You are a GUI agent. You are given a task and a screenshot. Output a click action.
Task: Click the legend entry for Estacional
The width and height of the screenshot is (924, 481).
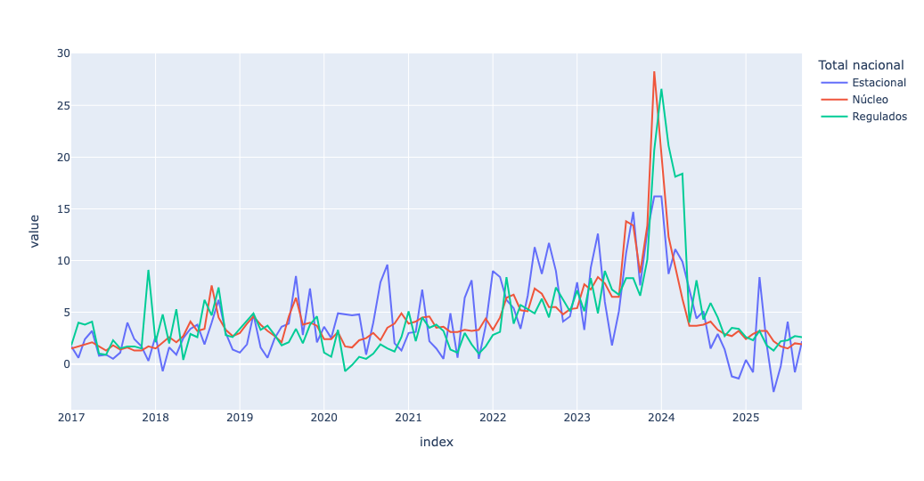[x=879, y=83]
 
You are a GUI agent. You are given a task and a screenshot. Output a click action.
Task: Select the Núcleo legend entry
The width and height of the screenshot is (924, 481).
[x=870, y=100]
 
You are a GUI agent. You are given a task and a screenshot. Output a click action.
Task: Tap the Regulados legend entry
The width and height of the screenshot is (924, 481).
[x=879, y=117]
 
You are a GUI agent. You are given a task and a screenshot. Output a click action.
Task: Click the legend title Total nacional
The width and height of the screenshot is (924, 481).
[x=861, y=65]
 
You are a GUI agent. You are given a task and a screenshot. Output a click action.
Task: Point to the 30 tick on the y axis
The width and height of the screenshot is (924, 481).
[x=62, y=53]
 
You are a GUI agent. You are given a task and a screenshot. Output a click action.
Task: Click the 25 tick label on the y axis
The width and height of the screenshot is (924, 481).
[x=62, y=106]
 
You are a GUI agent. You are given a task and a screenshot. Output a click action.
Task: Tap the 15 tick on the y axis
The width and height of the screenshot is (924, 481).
[x=62, y=209]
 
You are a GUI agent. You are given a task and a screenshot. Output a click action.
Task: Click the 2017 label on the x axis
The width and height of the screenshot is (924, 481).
[x=71, y=417]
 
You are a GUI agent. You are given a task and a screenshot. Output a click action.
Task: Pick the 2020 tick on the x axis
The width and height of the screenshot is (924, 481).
[x=323, y=417]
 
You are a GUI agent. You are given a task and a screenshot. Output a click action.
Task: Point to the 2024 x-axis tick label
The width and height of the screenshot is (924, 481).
[x=661, y=417]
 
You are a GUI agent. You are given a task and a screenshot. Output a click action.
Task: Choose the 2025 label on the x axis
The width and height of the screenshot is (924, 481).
[x=745, y=417]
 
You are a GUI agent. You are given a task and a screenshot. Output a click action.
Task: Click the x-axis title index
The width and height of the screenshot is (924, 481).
[x=436, y=442]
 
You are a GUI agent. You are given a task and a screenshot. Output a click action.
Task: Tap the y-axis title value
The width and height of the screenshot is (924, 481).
[x=35, y=231]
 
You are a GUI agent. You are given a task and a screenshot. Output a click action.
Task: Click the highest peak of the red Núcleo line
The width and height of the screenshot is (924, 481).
[x=654, y=71]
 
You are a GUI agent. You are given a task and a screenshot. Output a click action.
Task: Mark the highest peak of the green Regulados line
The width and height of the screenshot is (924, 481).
[x=661, y=89]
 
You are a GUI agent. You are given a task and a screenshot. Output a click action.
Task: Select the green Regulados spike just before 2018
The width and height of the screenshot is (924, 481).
[x=148, y=270]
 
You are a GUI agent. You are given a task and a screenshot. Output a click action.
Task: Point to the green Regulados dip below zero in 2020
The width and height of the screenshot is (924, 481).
[x=345, y=371]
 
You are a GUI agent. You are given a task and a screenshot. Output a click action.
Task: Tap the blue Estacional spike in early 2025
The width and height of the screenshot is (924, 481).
[x=759, y=277]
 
